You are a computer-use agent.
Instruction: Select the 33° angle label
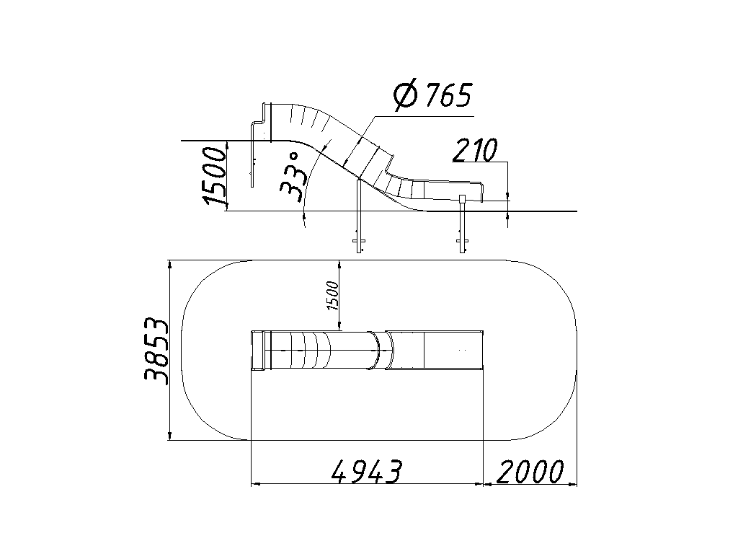tap(292, 177)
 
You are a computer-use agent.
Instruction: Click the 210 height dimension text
tap(475, 150)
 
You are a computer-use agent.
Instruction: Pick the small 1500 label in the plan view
tap(332, 295)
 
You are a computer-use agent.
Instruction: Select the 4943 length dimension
tap(368, 471)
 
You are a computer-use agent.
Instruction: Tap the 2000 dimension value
tap(530, 471)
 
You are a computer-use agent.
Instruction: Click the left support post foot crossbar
tap(359, 242)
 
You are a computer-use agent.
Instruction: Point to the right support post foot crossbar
tap(463, 242)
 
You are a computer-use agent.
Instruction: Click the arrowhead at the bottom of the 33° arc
tap(304, 216)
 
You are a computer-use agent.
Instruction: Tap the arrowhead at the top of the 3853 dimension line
tap(170, 265)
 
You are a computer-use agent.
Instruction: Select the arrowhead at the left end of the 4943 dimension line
tap(256, 483)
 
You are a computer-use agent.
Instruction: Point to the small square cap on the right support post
tap(463, 198)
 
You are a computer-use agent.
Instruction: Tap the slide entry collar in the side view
tap(267, 121)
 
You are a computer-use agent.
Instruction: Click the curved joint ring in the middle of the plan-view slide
tap(376, 351)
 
